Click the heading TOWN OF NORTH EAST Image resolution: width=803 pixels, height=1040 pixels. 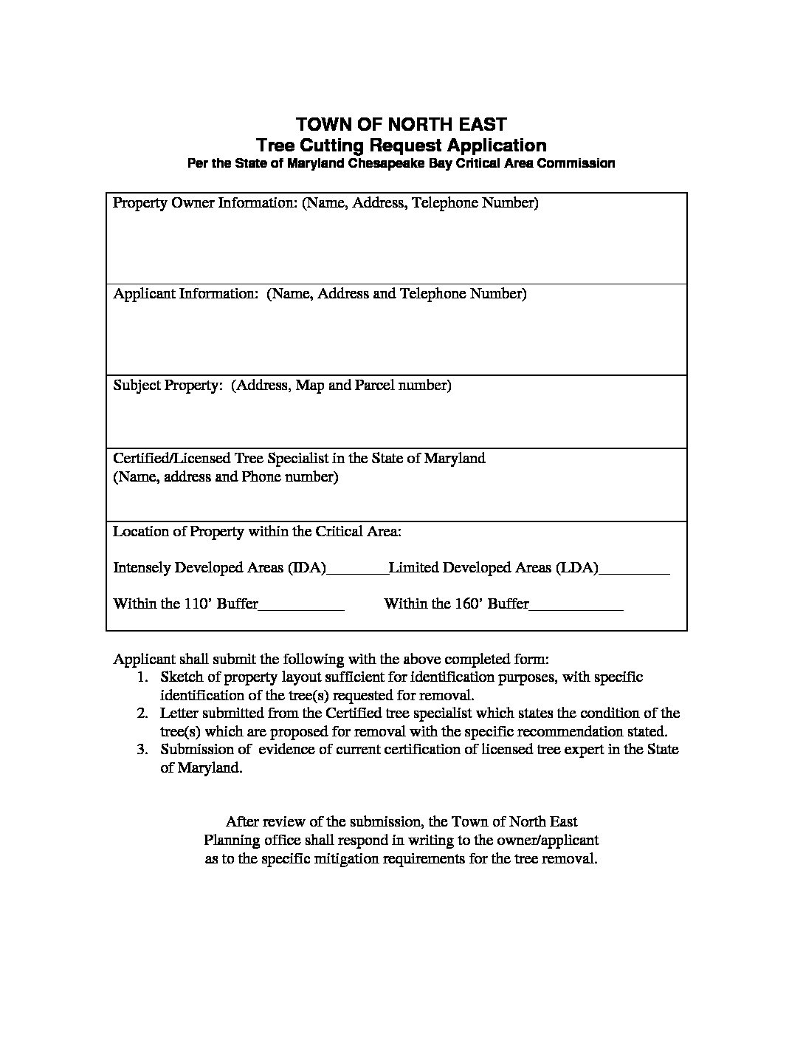pyautogui.click(x=401, y=123)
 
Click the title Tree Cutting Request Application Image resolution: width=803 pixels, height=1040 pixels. pyautogui.click(x=401, y=145)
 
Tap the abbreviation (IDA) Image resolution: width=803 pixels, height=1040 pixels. pyautogui.click(x=306, y=568)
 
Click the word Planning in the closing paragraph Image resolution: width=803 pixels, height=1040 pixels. pyautogui.click(x=232, y=841)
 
